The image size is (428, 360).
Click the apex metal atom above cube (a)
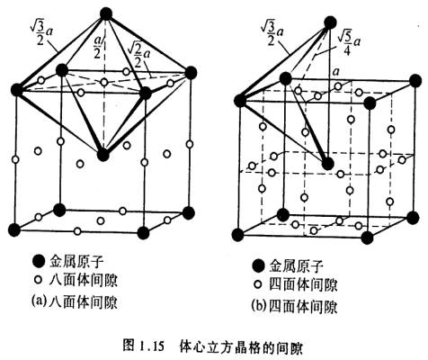pyautogui.click(x=106, y=14)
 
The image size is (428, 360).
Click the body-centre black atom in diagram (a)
pyautogui.click(x=103, y=155)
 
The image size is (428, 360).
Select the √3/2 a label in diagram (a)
pyautogui.click(x=41, y=33)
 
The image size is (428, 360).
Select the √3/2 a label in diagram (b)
pyautogui.click(x=272, y=33)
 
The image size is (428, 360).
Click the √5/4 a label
pyautogui.click(x=349, y=44)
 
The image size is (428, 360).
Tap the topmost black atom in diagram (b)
pyautogui.click(x=330, y=22)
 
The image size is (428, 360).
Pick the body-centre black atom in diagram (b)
pyautogui.click(x=328, y=164)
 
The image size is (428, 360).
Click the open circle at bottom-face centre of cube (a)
pyautogui.click(x=101, y=220)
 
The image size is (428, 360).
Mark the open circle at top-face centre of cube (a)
pyautogui.click(x=104, y=82)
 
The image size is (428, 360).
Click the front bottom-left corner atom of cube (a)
pyautogui.click(x=14, y=230)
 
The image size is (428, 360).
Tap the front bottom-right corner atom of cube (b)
pyautogui.click(x=367, y=238)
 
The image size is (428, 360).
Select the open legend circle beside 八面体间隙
pyautogui.click(x=38, y=281)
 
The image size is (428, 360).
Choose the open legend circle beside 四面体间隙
pyautogui.click(x=257, y=284)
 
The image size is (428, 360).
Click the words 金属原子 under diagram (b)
pyautogui.click(x=296, y=265)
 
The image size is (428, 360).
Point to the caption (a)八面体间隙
pyautogui.click(x=75, y=301)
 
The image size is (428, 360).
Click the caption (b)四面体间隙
pyautogui.click(x=294, y=306)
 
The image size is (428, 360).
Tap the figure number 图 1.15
pyautogui.click(x=144, y=346)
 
